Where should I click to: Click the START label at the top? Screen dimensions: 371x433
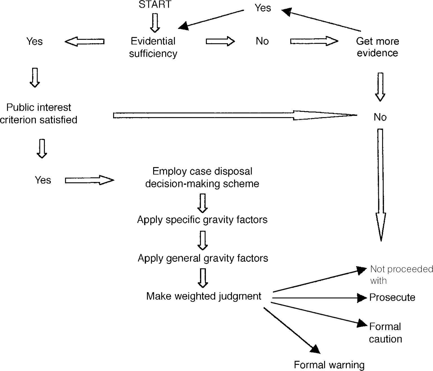coord(155,5)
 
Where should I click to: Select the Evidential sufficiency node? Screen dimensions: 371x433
coord(153,47)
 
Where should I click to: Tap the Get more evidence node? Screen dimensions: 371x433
coord(377,47)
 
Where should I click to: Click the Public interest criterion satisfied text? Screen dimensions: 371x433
coord(39,114)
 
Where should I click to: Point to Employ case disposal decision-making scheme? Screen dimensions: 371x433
coord(202,177)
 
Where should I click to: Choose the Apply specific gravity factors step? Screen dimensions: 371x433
coord(202,220)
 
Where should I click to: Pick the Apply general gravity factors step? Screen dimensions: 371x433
coord(203,258)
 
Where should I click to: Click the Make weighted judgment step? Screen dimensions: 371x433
coord(204,296)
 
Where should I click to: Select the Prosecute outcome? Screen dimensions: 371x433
coord(392,297)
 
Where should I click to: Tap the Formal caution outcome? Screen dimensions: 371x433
coord(385,333)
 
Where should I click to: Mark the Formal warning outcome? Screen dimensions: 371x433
coord(329,365)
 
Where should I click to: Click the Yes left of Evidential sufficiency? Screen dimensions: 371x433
coord(34,41)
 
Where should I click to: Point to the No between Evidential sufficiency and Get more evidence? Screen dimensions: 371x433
coord(262,41)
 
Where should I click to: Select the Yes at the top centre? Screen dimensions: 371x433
coord(263,8)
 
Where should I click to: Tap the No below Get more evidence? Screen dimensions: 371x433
coord(380,117)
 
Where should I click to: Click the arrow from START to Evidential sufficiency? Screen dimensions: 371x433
coord(155,23)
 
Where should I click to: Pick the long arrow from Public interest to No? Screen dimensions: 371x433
coord(234,115)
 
